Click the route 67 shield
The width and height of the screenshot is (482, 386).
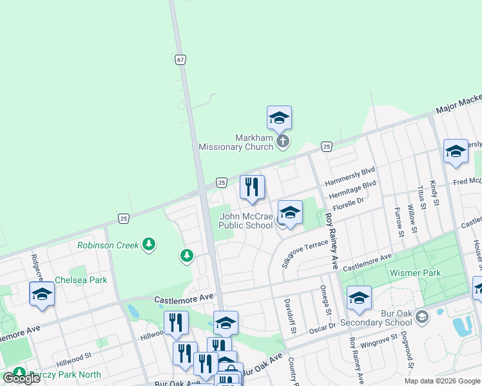point(180,59)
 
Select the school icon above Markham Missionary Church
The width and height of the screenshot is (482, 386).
point(279,118)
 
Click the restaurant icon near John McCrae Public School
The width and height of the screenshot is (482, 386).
point(252,187)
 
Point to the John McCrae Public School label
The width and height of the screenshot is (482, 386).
point(246,221)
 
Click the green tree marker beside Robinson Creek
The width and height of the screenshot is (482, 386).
point(187,256)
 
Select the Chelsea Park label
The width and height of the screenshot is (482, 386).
point(81,280)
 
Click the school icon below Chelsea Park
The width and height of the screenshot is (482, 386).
point(42,294)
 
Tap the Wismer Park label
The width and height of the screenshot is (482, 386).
point(415,273)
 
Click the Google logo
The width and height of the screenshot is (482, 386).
point(21,378)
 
